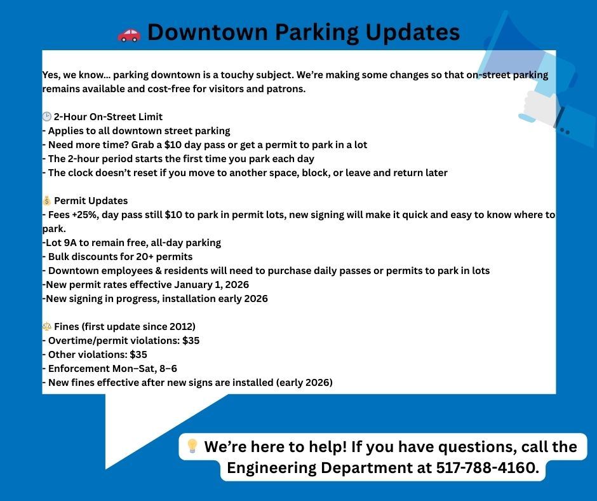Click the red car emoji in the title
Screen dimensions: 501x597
tap(129, 34)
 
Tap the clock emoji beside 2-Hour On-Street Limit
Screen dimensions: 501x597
tap(46, 117)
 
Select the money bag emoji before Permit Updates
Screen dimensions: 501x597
tap(46, 201)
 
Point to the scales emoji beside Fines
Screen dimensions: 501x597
tap(46, 327)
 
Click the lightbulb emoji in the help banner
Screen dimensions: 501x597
tap(192, 446)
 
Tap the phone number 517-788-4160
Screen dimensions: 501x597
tap(486, 469)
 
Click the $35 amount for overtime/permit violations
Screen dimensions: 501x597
tap(191, 341)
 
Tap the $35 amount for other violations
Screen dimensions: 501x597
tap(138, 355)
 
